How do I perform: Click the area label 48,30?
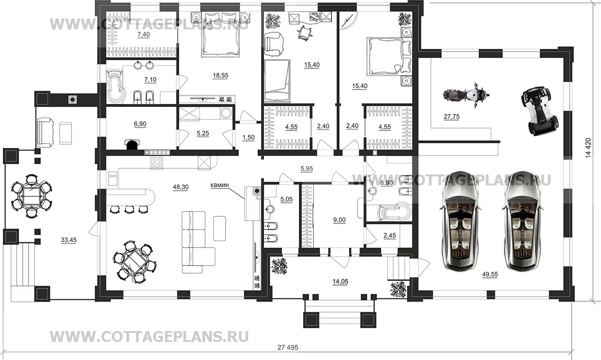[x=181, y=187]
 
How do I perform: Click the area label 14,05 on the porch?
[x=340, y=281]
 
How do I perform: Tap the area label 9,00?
[x=339, y=220]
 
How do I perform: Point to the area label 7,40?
[x=144, y=35]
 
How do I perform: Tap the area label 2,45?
[x=390, y=236]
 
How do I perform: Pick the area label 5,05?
[x=286, y=199]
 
